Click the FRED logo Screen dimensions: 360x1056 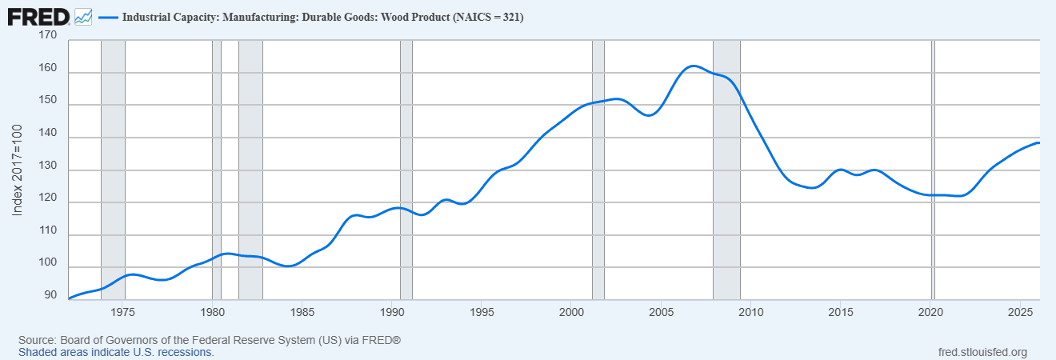[x=38, y=16]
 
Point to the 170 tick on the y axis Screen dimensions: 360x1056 [x=47, y=36]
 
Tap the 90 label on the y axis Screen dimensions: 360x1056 [x=50, y=296]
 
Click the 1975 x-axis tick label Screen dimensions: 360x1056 [x=123, y=311]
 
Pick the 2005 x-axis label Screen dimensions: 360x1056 [x=661, y=311]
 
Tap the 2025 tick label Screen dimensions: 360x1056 [x=1019, y=311]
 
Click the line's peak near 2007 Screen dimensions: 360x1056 [x=693, y=66]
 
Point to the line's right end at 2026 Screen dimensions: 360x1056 [x=1038, y=142]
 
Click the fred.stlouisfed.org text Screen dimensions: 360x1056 [x=982, y=352]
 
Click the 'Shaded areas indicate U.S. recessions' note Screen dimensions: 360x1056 [x=116, y=352]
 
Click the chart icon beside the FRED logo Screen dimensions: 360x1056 [x=83, y=16]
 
